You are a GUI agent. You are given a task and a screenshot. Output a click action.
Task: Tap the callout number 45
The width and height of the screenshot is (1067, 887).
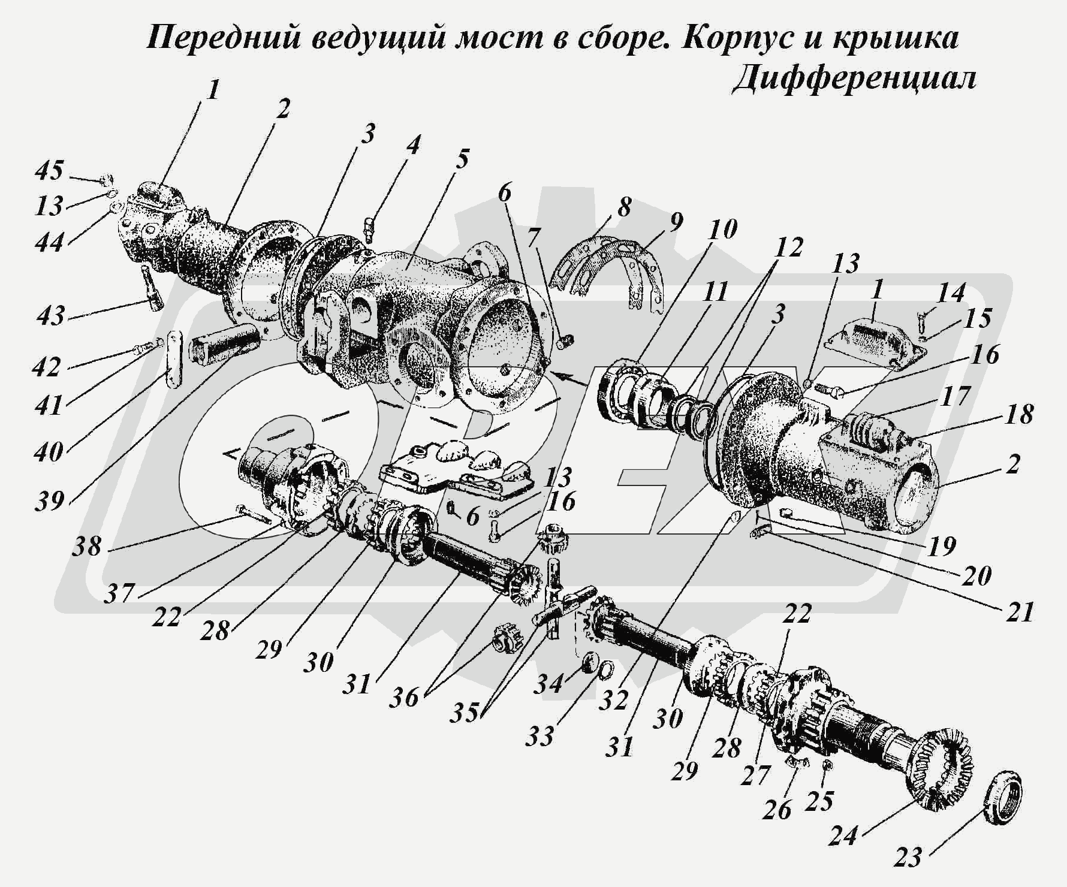49,170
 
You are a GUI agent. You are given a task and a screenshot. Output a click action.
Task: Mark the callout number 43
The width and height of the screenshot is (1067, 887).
50,315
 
